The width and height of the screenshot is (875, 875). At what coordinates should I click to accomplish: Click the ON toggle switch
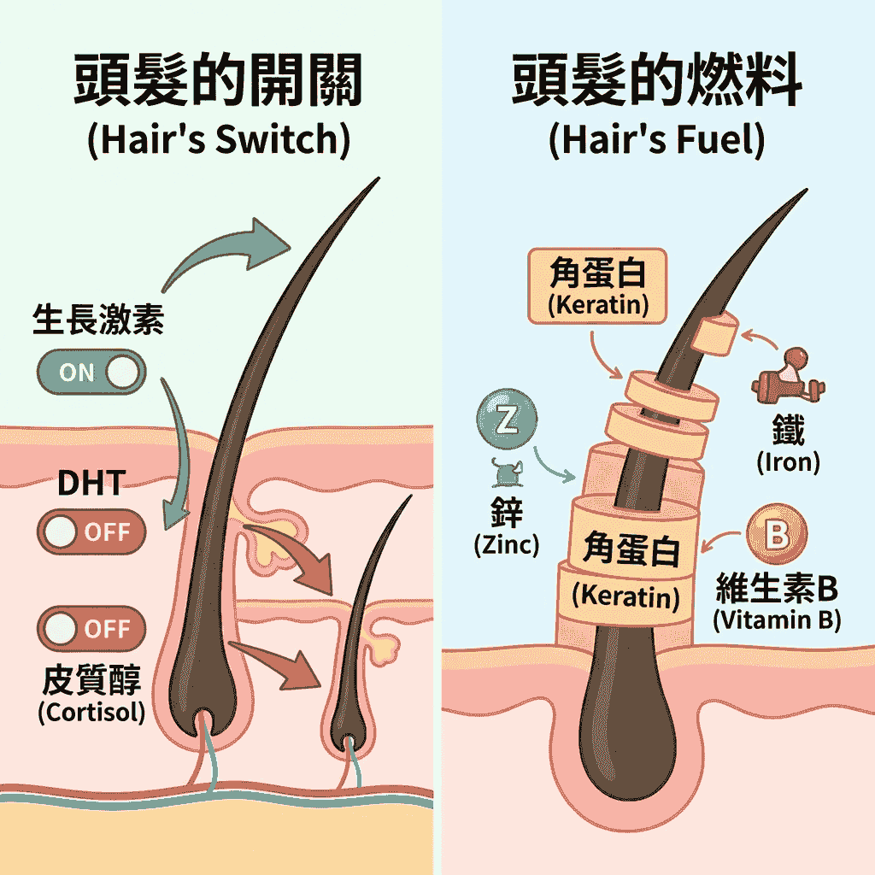click(x=91, y=372)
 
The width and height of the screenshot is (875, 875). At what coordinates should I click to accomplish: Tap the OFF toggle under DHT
click(x=91, y=531)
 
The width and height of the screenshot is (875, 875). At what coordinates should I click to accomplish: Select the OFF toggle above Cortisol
click(x=91, y=628)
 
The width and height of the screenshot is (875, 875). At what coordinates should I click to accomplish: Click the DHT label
click(x=91, y=484)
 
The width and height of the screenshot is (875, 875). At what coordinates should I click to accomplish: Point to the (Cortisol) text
click(x=91, y=712)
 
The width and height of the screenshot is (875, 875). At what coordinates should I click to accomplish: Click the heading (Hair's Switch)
click(x=219, y=139)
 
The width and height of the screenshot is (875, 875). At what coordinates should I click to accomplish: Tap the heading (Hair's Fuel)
click(x=657, y=139)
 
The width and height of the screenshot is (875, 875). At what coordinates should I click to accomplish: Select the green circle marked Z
click(x=507, y=420)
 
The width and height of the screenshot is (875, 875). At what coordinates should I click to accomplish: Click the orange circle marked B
click(x=776, y=534)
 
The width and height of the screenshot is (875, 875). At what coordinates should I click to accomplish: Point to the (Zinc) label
click(x=507, y=544)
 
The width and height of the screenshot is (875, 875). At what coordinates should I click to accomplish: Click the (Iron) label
click(x=788, y=462)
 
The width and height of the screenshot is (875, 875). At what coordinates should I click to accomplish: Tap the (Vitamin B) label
click(x=777, y=620)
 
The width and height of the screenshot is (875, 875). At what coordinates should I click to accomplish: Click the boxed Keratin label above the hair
click(x=597, y=286)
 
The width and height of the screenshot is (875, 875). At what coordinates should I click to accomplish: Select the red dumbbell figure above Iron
click(x=789, y=376)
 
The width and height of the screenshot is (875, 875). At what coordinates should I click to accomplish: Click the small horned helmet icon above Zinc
click(x=508, y=473)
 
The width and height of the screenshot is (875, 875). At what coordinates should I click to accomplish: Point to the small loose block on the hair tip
click(x=715, y=333)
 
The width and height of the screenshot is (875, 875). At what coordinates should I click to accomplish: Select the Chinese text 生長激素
click(x=98, y=320)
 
